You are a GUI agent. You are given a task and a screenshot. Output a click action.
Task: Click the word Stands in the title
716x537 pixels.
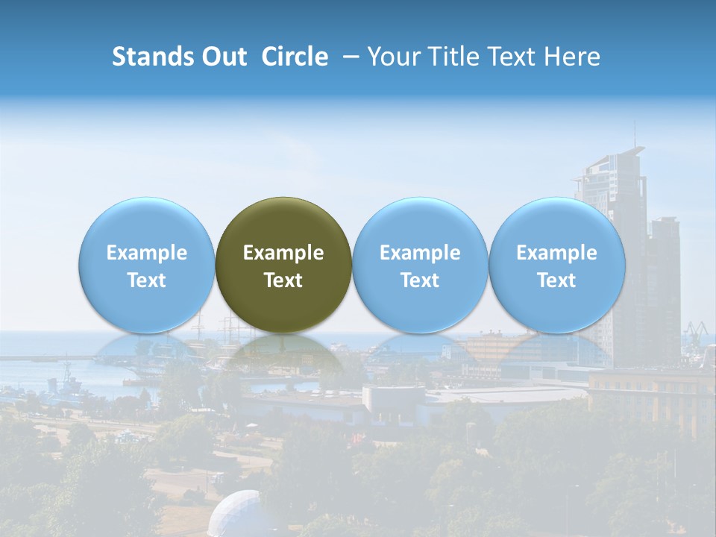152,57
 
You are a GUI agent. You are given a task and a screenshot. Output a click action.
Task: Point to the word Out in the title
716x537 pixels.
224,57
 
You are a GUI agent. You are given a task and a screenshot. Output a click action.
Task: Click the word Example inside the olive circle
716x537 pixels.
283,253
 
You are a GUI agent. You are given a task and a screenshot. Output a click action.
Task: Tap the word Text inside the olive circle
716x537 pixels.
283,280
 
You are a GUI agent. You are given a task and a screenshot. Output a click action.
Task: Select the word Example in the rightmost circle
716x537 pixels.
556,253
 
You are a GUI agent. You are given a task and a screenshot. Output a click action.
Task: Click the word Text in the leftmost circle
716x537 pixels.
146,280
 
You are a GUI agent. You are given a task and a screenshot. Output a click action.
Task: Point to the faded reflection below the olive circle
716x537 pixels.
283,354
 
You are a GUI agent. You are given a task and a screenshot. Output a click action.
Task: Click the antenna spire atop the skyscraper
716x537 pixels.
635,134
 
